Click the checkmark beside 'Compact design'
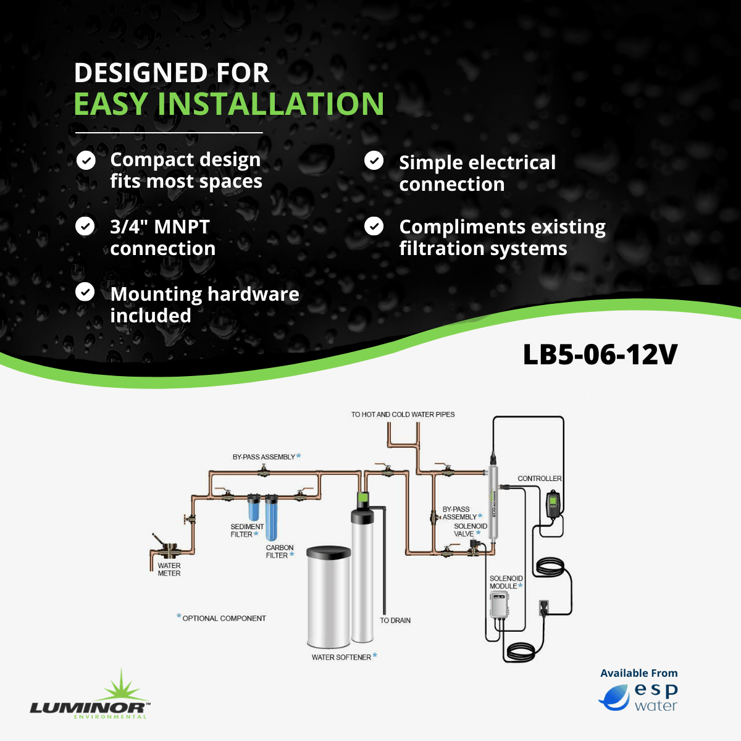86,161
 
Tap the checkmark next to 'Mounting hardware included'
85,292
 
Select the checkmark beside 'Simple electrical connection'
374,161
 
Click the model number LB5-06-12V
600,354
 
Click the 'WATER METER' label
169,569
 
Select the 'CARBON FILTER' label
280,551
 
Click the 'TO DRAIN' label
395,620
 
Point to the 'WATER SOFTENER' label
341,657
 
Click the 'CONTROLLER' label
540,479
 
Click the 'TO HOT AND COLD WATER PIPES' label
403,414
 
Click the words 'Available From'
639,673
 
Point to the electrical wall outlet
544,608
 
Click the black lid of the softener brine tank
329,553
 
